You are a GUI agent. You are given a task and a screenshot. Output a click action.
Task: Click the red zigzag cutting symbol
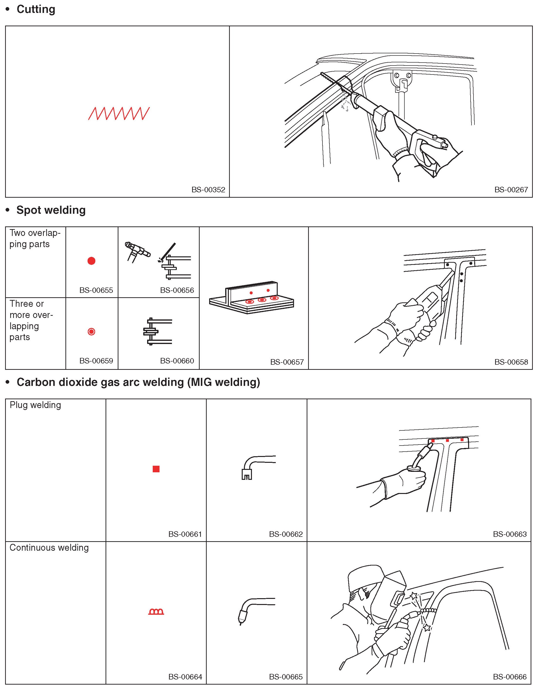coord(119,113)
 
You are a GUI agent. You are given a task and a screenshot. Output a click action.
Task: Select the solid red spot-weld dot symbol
coord(91,261)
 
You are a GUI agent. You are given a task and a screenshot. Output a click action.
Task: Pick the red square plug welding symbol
coord(156,469)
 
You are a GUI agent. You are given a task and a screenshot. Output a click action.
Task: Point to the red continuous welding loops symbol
coord(156,612)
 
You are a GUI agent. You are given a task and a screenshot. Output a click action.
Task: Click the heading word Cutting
coord(36,9)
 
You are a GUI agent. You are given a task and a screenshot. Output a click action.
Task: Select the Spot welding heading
coord(51,210)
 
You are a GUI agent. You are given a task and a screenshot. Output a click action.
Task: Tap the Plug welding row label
coord(35,405)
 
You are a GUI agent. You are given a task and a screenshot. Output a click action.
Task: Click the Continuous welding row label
coord(49,548)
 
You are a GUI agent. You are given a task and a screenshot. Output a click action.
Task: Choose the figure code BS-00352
coord(208,190)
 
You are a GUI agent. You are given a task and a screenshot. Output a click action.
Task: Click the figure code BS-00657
coord(287,362)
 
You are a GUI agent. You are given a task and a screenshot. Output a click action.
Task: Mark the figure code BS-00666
coord(509,677)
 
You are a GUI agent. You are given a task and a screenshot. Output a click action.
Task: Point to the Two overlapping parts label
coord(35,239)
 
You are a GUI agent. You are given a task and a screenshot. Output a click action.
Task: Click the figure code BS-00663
coord(509,534)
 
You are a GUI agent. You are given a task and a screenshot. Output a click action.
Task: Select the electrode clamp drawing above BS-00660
coord(157,331)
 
